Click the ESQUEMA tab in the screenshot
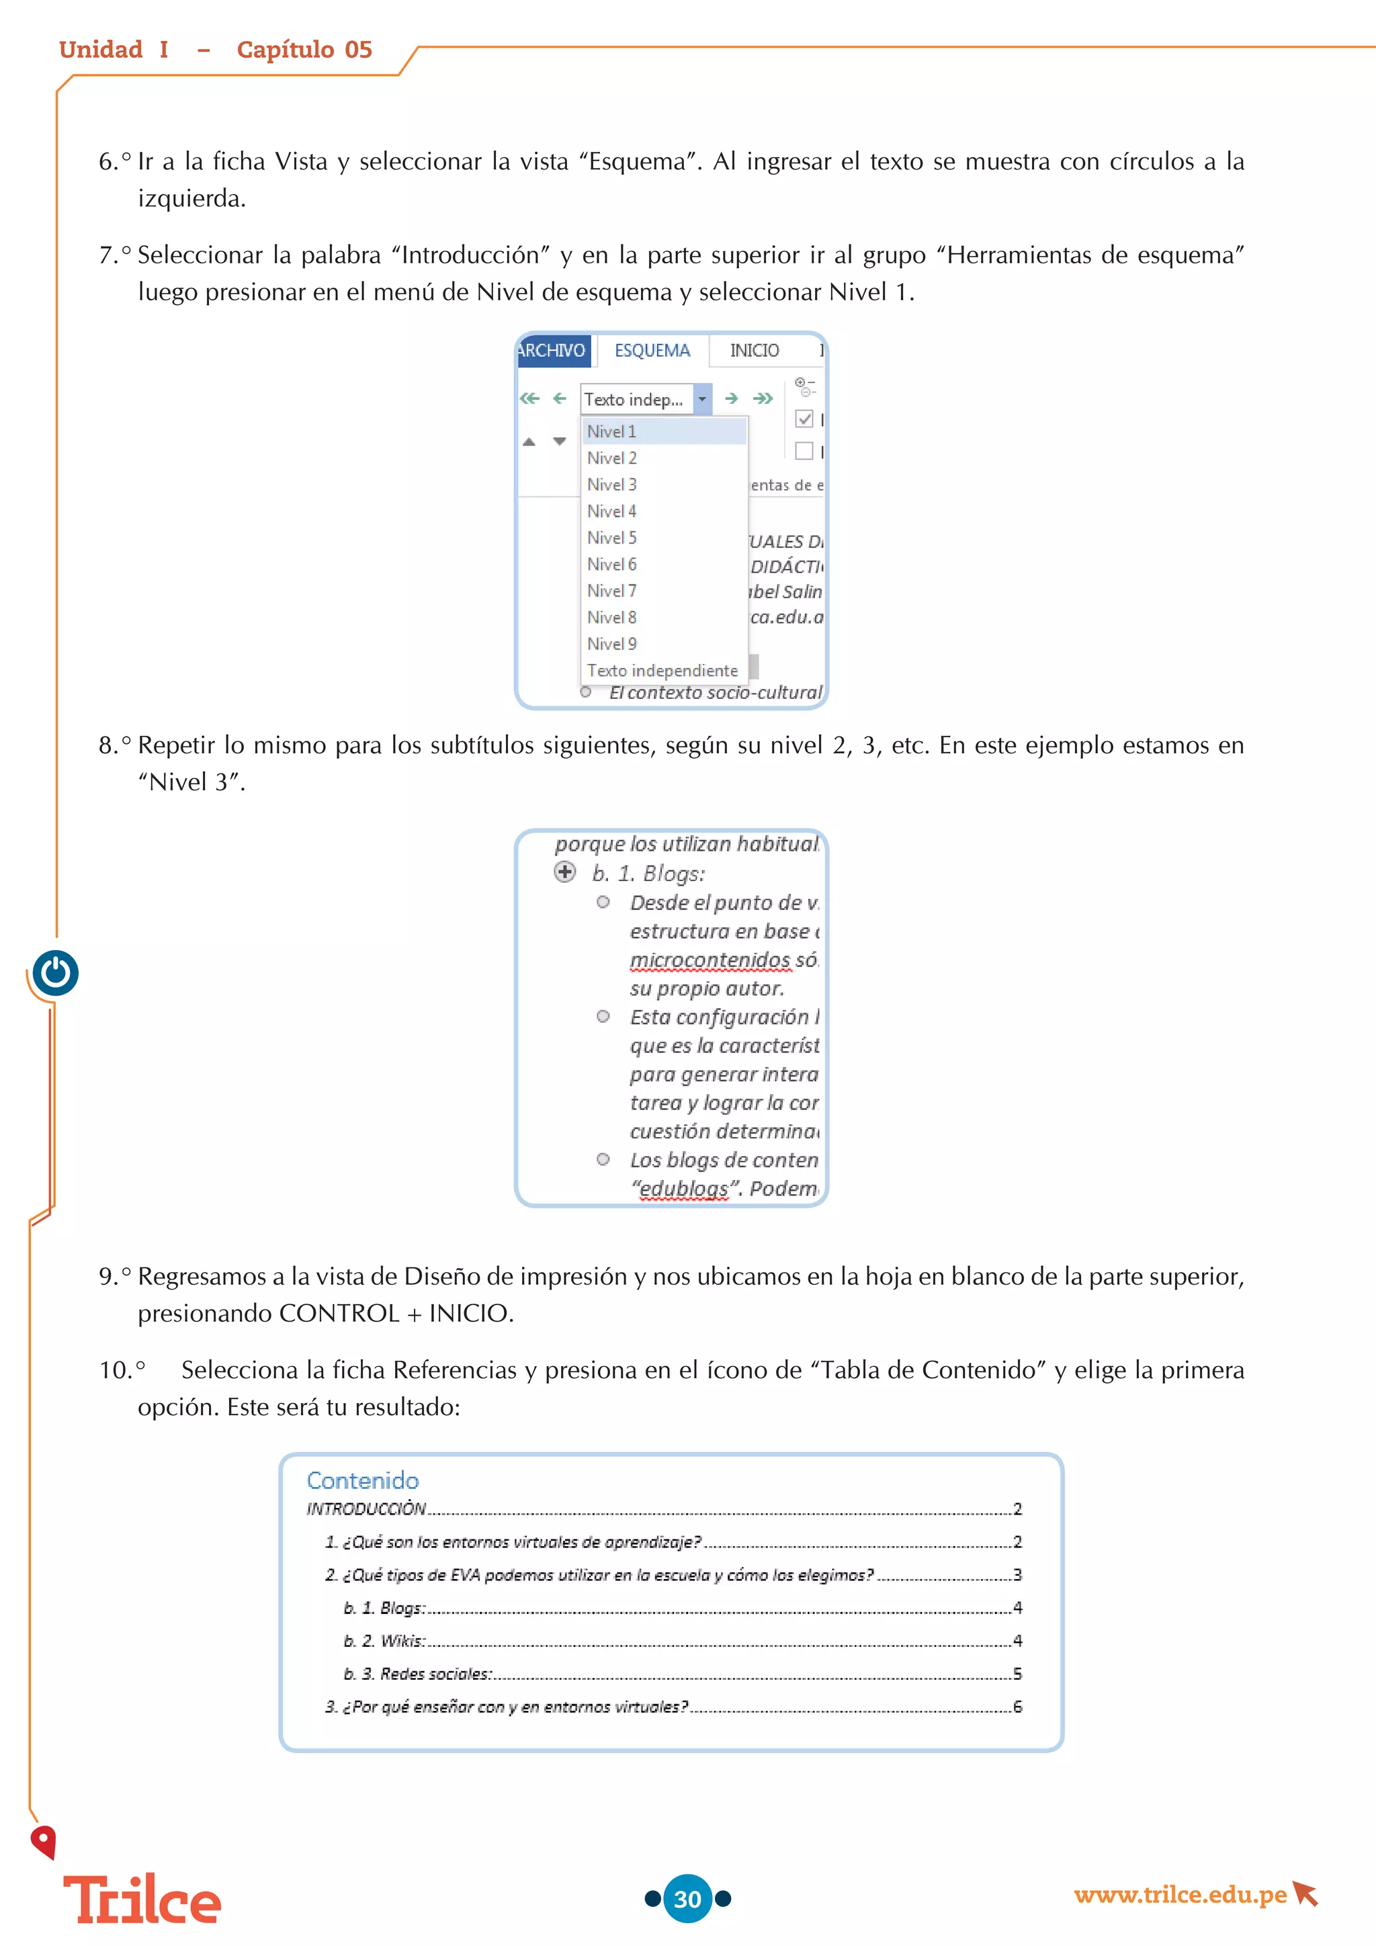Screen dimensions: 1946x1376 [652, 351]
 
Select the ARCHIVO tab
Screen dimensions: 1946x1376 [552, 351]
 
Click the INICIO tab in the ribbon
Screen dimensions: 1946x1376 [754, 351]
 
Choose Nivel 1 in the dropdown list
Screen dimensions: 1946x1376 [612, 431]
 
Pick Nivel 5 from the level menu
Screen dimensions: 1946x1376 [612, 538]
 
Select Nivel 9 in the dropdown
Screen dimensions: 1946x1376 [612, 644]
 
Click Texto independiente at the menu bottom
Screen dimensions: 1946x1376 [662, 671]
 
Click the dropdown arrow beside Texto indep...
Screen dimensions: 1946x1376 [701, 399]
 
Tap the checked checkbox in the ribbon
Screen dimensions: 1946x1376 [804, 419]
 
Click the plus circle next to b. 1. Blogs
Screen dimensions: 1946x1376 [565, 872]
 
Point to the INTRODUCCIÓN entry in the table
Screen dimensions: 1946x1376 [366, 1509]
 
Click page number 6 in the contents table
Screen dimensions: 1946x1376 [1018, 1707]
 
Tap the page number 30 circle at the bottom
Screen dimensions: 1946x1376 [687, 1898]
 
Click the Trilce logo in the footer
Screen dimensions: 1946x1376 [142, 1900]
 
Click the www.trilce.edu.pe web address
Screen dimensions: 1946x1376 [1179, 1894]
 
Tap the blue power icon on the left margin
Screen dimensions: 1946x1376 [56, 973]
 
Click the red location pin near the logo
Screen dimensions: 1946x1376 [42, 1841]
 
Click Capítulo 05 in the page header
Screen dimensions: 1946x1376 [304, 50]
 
